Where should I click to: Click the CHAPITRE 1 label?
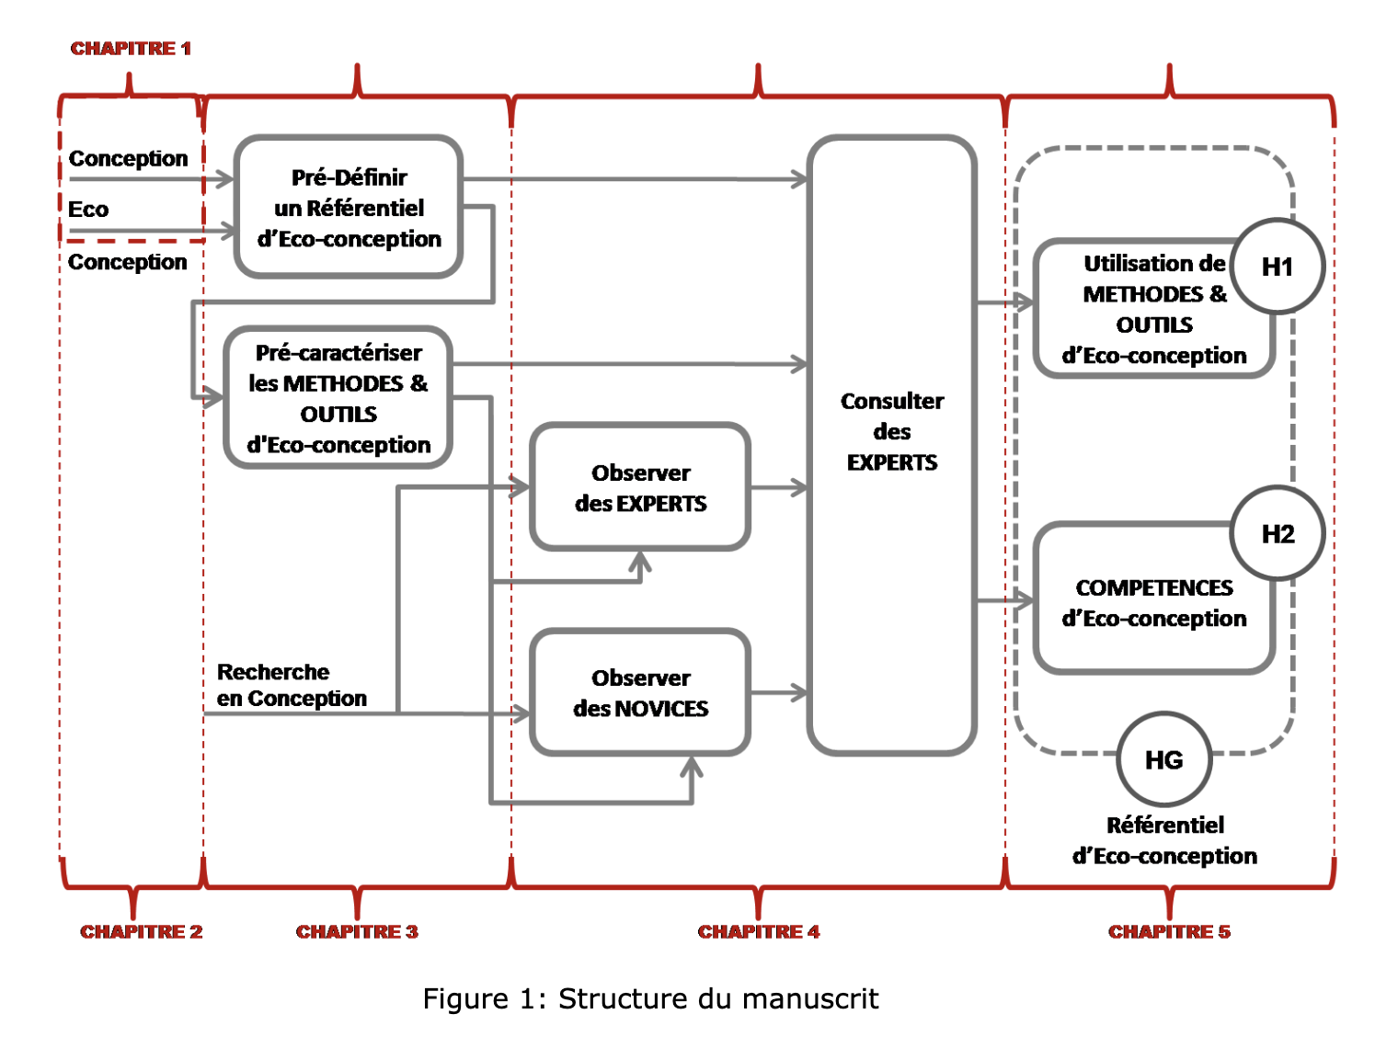(x=131, y=49)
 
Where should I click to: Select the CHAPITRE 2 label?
(x=141, y=931)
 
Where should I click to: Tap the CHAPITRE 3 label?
(x=357, y=931)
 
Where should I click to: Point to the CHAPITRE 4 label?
(x=758, y=931)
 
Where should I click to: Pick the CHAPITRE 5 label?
(x=1169, y=931)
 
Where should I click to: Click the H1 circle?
(x=1278, y=267)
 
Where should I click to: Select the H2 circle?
(x=1278, y=534)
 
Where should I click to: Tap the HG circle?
(x=1163, y=760)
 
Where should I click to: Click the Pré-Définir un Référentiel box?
(x=349, y=208)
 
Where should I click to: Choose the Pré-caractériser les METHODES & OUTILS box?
(x=338, y=399)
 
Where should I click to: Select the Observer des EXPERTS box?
(x=640, y=488)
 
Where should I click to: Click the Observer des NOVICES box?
(x=640, y=693)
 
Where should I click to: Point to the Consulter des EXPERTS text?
(x=892, y=431)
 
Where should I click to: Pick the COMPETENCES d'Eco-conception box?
(x=1153, y=603)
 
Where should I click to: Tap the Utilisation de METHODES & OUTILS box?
(x=1153, y=310)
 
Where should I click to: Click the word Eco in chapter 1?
(x=88, y=210)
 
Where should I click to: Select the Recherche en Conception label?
(x=291, y=686)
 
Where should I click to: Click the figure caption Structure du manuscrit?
(x=650, y=998)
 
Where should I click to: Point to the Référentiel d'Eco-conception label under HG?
(x=1164, y=840)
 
